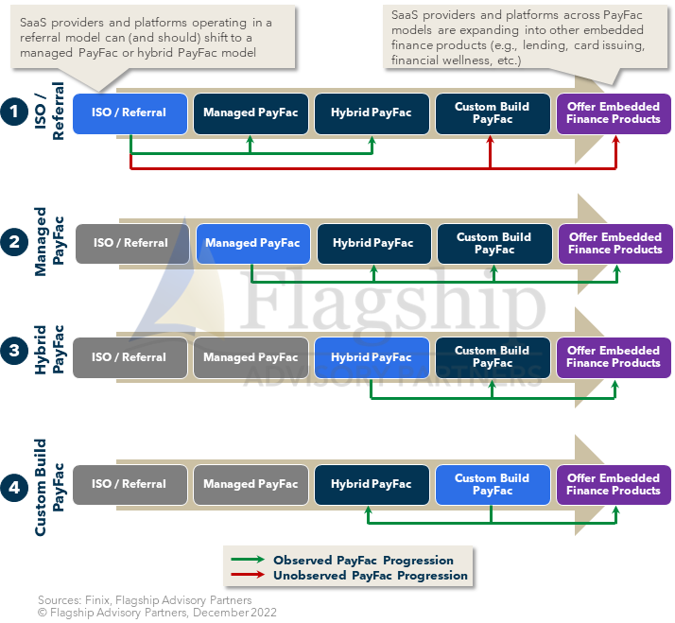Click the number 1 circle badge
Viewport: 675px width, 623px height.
[14, 112]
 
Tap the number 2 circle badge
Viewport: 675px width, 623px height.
[14, 243]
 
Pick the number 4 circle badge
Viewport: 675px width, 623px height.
[14, 488]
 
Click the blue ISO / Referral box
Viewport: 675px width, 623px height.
[130, 113]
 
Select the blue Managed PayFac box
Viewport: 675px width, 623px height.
[251, 244]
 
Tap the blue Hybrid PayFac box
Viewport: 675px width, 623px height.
[372, 357]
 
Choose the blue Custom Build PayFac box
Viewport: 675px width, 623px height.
[492, 484]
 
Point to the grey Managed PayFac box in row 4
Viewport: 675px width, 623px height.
[251, 484]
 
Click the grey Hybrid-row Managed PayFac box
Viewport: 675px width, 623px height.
[251, 357]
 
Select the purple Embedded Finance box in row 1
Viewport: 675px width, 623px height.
[614, 113]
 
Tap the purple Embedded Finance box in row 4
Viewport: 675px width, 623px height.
[614, 484]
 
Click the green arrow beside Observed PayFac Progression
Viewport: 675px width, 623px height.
[247, 561]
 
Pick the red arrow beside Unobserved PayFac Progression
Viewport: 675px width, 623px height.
[247, 575]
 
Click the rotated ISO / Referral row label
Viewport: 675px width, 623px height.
[51, 112]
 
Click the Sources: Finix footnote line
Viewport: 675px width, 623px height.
[145, 599]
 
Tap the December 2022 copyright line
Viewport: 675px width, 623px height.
[157, 612]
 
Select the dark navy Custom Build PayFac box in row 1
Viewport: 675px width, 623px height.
[492, 113]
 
